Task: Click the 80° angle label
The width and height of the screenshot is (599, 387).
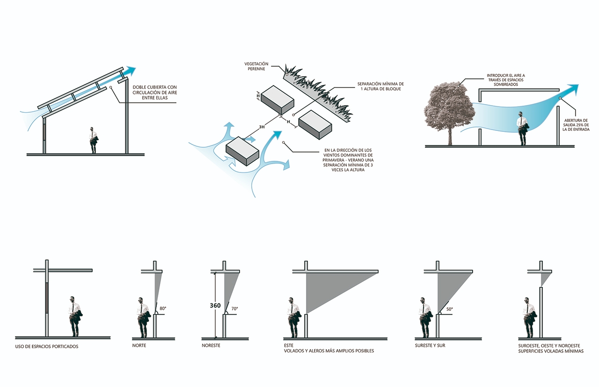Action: (163, 308)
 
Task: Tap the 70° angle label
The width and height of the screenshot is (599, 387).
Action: (234, 308)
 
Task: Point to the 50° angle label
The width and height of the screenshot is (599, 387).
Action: (449, 309)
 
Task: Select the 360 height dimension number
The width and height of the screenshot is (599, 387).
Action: (215, 306)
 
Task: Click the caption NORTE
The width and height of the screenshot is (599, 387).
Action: (139, 346)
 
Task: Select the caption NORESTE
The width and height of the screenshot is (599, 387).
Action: (211, 346)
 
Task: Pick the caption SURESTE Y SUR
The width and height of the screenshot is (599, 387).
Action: (430, 346)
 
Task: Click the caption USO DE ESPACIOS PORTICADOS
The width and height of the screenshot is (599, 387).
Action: (47, 346)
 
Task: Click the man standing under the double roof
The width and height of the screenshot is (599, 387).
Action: (94, 140)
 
